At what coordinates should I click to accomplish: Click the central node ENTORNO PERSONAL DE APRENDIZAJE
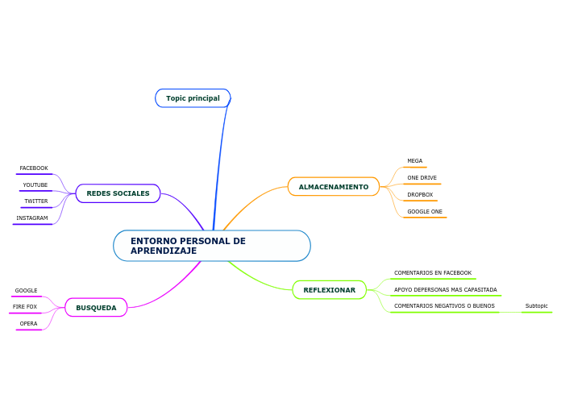point(211,246)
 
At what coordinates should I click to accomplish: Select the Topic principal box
point(193,98)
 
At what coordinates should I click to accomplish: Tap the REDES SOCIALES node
point(118,193)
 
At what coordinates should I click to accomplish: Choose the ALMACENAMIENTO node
point(333,187)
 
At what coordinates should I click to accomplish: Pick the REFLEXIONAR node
point(329,290)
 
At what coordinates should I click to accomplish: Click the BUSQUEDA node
point(96,308)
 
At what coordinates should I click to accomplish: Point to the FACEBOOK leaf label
point(34,168)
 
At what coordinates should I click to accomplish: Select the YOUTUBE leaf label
point(35,185)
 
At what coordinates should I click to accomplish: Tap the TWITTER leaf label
point(35,201)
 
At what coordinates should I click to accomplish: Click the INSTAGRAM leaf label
point(32,218)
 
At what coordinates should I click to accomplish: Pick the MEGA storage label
point(414,161)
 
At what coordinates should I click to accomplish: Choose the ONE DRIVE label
point(422,178)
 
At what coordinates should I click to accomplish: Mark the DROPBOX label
point(420,195)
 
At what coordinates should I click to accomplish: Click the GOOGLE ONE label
point(425,212)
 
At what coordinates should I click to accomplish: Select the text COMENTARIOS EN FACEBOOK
point(433,273)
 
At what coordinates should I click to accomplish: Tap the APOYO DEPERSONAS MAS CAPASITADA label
point(445,290)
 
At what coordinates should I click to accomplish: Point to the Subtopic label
point(536,306)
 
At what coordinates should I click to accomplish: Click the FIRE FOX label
point(25,307)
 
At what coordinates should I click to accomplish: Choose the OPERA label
point(28,324)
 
